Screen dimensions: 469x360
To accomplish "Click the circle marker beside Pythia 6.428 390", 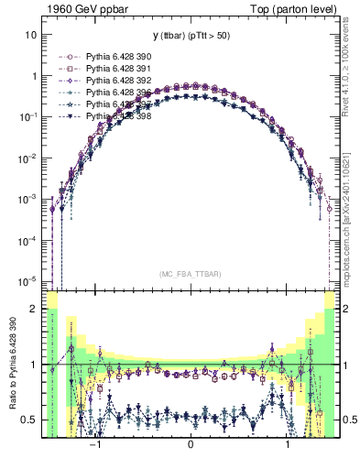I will tap(70, 57).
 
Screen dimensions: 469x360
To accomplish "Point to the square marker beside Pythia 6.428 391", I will tap(70, 69).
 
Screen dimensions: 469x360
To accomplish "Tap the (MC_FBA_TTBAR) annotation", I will tap(190, 274).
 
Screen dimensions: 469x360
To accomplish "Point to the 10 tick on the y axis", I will tap(30, 36).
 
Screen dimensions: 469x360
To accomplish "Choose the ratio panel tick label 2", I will tap(32, 310).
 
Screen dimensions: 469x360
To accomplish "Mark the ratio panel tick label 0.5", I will tap(28, 420).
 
